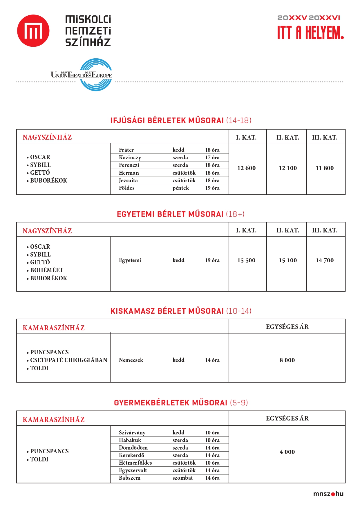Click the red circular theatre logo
[x=33, y=31]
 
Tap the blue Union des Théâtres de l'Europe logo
[x=96, y=75]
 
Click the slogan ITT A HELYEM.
[x=310, y=33]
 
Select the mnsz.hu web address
[x=328, y=494]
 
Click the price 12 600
[x=246, y=168]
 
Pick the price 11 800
[x=325, y=168]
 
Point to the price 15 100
[x=288, y=260]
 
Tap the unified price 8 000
[x=287, y=360]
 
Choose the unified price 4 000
[x=287, y=452]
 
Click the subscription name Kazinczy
[x=130, y=158]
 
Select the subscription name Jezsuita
[x=128, y=181]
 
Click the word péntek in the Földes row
[x=181, y=188]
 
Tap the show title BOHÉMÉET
[x=46, y=270]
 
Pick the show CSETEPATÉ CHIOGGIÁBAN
[x=68, y=360]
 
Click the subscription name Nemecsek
[x=131, y=360]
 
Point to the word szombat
[x=182, y=478]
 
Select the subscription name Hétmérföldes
[x=135, y=463]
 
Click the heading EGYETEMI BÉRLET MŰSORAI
[x=170, y=214]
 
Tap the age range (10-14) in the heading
[x=238, y=311]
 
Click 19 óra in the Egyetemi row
[x=212, y=260]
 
